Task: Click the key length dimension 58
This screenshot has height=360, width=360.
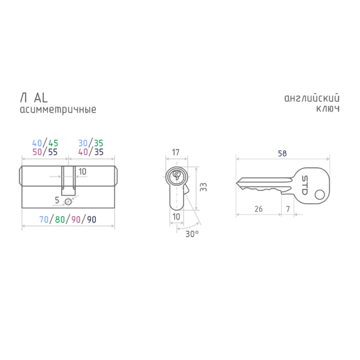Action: click(282, 153)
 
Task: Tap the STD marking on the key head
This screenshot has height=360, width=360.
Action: click(304, 185)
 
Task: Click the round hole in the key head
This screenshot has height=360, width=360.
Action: click(320, 195)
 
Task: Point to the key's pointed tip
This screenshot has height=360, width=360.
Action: click(237, 183)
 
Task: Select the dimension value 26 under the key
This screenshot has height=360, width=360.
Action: click(259, 209)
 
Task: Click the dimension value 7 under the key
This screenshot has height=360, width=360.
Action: click(288, 209)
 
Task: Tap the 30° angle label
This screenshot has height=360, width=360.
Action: click(192, 234)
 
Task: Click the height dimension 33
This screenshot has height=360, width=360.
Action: click(204, 187)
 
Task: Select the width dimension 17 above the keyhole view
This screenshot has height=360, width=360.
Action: click(175, 152)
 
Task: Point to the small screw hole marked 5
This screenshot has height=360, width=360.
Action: click(68, 202)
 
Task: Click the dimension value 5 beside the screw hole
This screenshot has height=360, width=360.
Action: click(57, 200)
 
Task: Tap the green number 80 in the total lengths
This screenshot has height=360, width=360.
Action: click(60, 219)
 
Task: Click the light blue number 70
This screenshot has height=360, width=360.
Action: click(44, 219)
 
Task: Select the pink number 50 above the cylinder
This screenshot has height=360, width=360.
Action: click(37, 152)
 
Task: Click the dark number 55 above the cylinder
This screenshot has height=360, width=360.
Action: click(53, 152)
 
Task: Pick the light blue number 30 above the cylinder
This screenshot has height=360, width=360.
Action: click(83, 143)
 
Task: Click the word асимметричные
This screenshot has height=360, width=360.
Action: click(58, 110)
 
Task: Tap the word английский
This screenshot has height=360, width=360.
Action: click(312, 98)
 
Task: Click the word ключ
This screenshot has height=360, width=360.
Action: click(328, 109)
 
